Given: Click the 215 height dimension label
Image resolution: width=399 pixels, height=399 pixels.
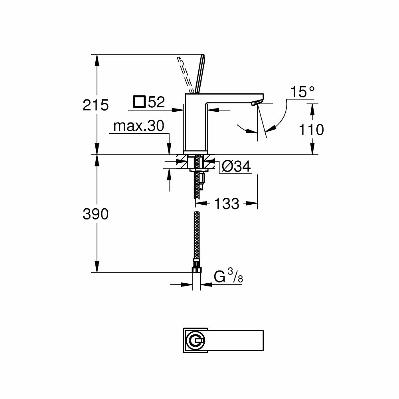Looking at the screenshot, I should click(x=95, y=105).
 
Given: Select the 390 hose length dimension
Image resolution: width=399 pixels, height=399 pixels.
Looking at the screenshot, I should click(x=95, y=214).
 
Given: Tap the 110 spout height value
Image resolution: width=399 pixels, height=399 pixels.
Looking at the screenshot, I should click(x=311, y=130).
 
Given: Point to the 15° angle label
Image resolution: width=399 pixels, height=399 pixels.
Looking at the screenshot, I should click(x=302, y=93).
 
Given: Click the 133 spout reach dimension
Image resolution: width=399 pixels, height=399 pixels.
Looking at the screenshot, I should click(x=227, y=203).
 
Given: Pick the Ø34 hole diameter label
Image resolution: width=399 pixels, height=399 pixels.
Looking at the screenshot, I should click(x=236, y=167).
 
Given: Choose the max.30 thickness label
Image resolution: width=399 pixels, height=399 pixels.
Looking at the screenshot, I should click(x=138, y=126).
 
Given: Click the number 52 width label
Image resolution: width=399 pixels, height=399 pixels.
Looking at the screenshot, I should click(x=156, y=103).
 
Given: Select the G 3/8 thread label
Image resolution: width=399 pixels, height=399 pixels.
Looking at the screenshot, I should click(x=228, y=277).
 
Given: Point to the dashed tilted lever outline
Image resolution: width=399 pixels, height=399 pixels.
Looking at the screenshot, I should click(x=184, y=74).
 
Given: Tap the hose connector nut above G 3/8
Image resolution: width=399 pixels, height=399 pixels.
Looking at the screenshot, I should click(x=196, y=264).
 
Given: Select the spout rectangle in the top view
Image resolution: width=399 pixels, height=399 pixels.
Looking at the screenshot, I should click(x=235, y=340).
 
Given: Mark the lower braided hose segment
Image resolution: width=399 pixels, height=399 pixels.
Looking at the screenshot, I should click(x=196, y=235).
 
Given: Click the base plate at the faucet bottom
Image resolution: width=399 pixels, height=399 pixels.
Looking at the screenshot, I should click(x=196, y=152).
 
